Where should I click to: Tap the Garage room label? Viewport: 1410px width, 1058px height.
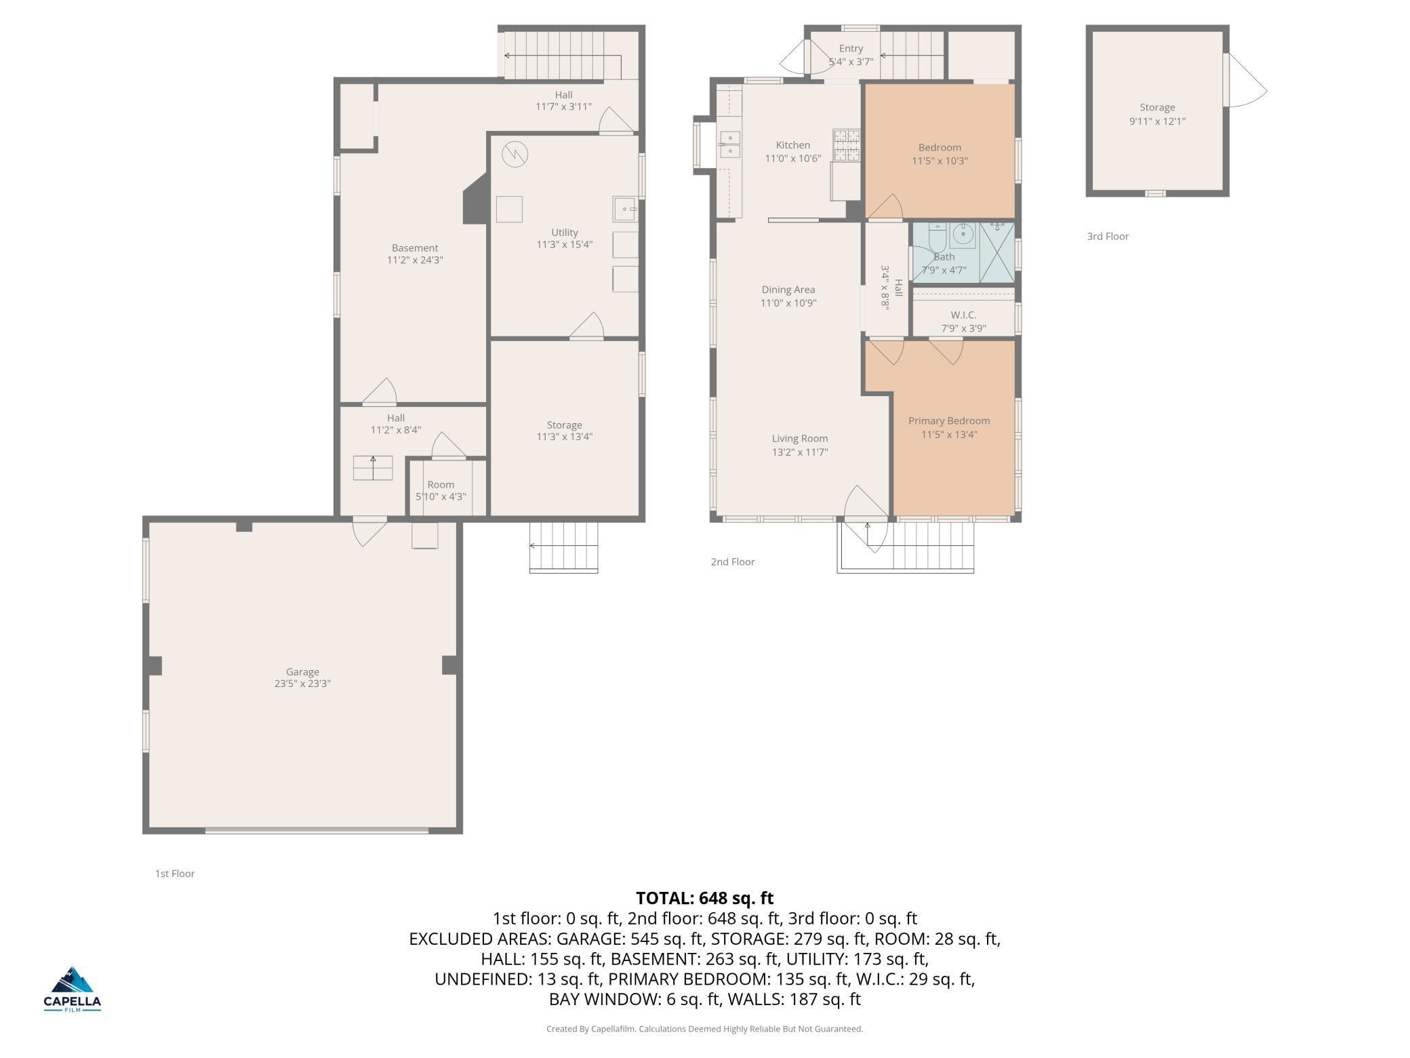click(x=302, y=671)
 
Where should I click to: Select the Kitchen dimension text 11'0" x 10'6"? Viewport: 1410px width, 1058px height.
click(x=792, y=159)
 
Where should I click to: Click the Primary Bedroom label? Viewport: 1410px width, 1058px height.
click(x=949, y=420)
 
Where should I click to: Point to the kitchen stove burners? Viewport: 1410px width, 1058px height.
click(x=847, y=146)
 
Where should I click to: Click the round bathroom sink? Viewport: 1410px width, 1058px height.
click(x=963, y=235)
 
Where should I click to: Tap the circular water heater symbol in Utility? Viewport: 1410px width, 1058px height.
click(x=515, y=154)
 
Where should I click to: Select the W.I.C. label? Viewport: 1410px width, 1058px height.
click(x=963, y=315)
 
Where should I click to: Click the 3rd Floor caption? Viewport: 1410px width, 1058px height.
click(x=1108, y=236)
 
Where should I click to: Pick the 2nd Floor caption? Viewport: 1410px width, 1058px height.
click(x=732, y=562)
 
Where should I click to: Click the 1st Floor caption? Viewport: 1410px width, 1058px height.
click(x=175, y=874)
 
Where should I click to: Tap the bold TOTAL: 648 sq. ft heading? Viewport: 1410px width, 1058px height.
click(x=705, y=898)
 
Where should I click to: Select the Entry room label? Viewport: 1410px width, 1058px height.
click(x=851, y=48)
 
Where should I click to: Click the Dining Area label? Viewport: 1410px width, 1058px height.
click(x=788, y=290)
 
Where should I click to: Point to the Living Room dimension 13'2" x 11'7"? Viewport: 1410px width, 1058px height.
click(x=800, y=452)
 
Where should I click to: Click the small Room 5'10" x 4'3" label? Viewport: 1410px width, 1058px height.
click(x=441, y=490)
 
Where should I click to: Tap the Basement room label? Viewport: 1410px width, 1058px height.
click(x=415, y=248)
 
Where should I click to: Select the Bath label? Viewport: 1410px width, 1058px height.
click(x=944, y=257)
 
